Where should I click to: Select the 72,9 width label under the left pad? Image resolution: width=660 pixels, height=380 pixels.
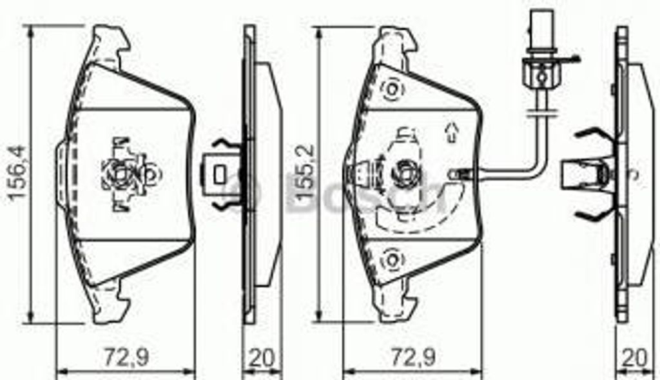coord(126,357)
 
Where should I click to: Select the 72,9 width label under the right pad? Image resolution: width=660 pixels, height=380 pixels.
coord(413,357)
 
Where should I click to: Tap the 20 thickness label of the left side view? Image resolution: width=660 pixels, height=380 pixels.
coord(262,357)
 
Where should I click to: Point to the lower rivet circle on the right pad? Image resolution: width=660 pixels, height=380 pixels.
coord(392,259)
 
